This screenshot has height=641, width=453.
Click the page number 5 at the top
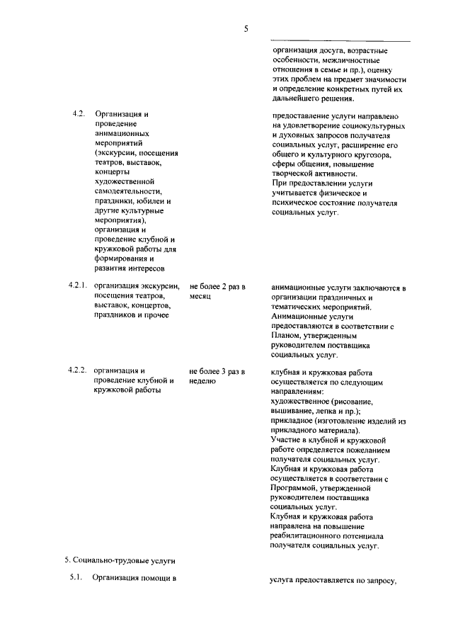coord(246,29)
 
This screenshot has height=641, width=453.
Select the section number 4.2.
coord(78,115)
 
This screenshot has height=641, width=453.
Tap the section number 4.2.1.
coord(76,286)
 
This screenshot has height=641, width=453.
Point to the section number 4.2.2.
coord(76,370)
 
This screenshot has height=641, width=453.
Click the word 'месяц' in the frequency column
coord(200,297)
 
